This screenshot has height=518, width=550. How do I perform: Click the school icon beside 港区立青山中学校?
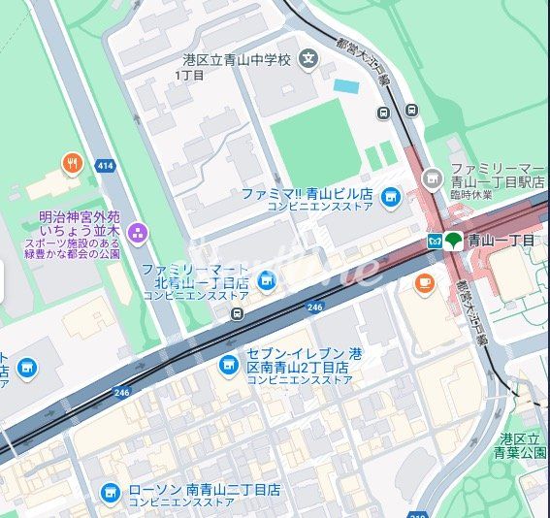click(308, 59)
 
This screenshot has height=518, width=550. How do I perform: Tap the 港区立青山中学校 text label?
click(237, 60)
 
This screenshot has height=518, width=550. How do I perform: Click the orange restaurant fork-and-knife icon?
click(72, 163)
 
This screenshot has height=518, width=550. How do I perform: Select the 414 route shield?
click(106, 166)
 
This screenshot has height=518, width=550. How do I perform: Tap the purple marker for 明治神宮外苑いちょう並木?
click(137, 232)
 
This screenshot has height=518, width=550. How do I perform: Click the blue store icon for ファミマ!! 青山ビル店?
click(390, 199)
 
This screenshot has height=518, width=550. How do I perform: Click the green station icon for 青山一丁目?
click(453, 241)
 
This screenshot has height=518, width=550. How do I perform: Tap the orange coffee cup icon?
click(424, 282)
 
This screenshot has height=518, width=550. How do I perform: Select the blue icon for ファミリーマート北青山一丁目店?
click(266, 280)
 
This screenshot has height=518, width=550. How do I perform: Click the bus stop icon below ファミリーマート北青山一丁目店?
click(238, 313)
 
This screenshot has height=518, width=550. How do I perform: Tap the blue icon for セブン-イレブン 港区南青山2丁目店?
click(229, 364)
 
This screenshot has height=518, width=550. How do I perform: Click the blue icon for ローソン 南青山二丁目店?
click(111, 494)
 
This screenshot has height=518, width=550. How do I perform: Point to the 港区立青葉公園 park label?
click(523, 445)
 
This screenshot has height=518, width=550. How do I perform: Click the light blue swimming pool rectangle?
click(345, 86)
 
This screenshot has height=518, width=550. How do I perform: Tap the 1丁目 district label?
click(189, 76)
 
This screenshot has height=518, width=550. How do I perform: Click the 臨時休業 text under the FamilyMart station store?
click(471, 195)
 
